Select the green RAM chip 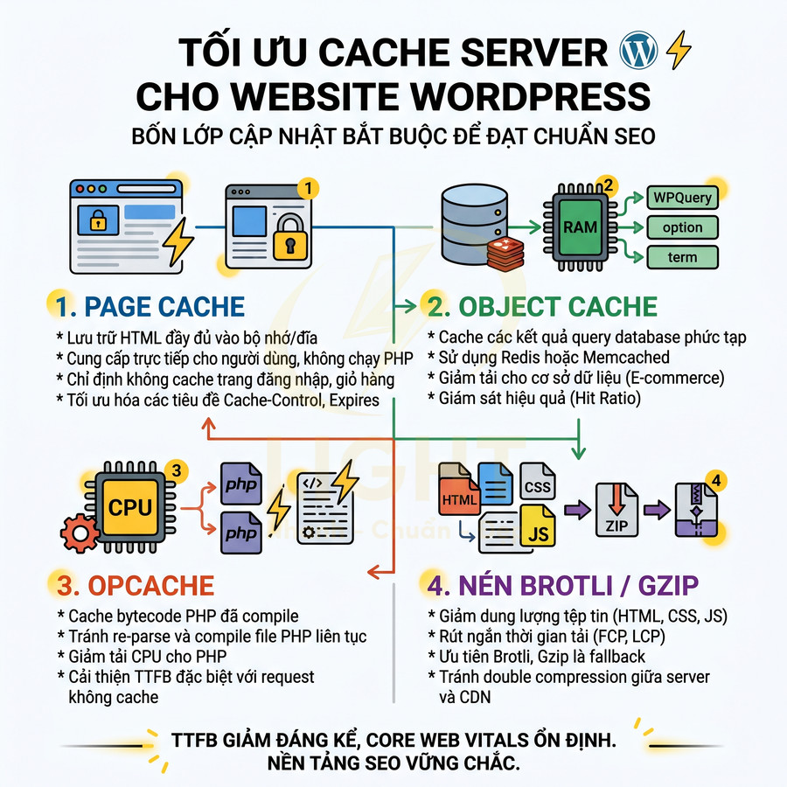point(580,226)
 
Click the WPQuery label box point(682,197)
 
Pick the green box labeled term point(682,257)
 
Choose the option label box point(682,227)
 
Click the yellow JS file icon point(540,527)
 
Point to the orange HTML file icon point(461,501)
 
